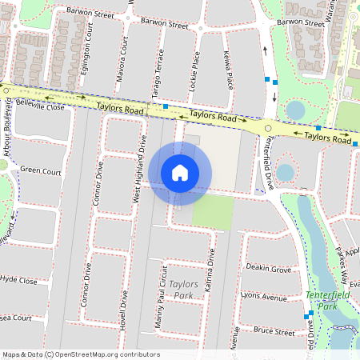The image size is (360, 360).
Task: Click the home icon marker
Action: [x=180, y=172]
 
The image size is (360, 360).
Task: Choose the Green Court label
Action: [x=41, y=170]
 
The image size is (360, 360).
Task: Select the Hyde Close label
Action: [x=19, y=281]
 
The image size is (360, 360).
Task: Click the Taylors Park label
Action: [x=184, y=290]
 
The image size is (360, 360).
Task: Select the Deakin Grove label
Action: [x=269, y=268]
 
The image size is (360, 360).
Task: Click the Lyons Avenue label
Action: [x=263, y=298]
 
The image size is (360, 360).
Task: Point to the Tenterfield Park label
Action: [x=323, y=300]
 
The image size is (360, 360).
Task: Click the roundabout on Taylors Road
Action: [x=268, y=128]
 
